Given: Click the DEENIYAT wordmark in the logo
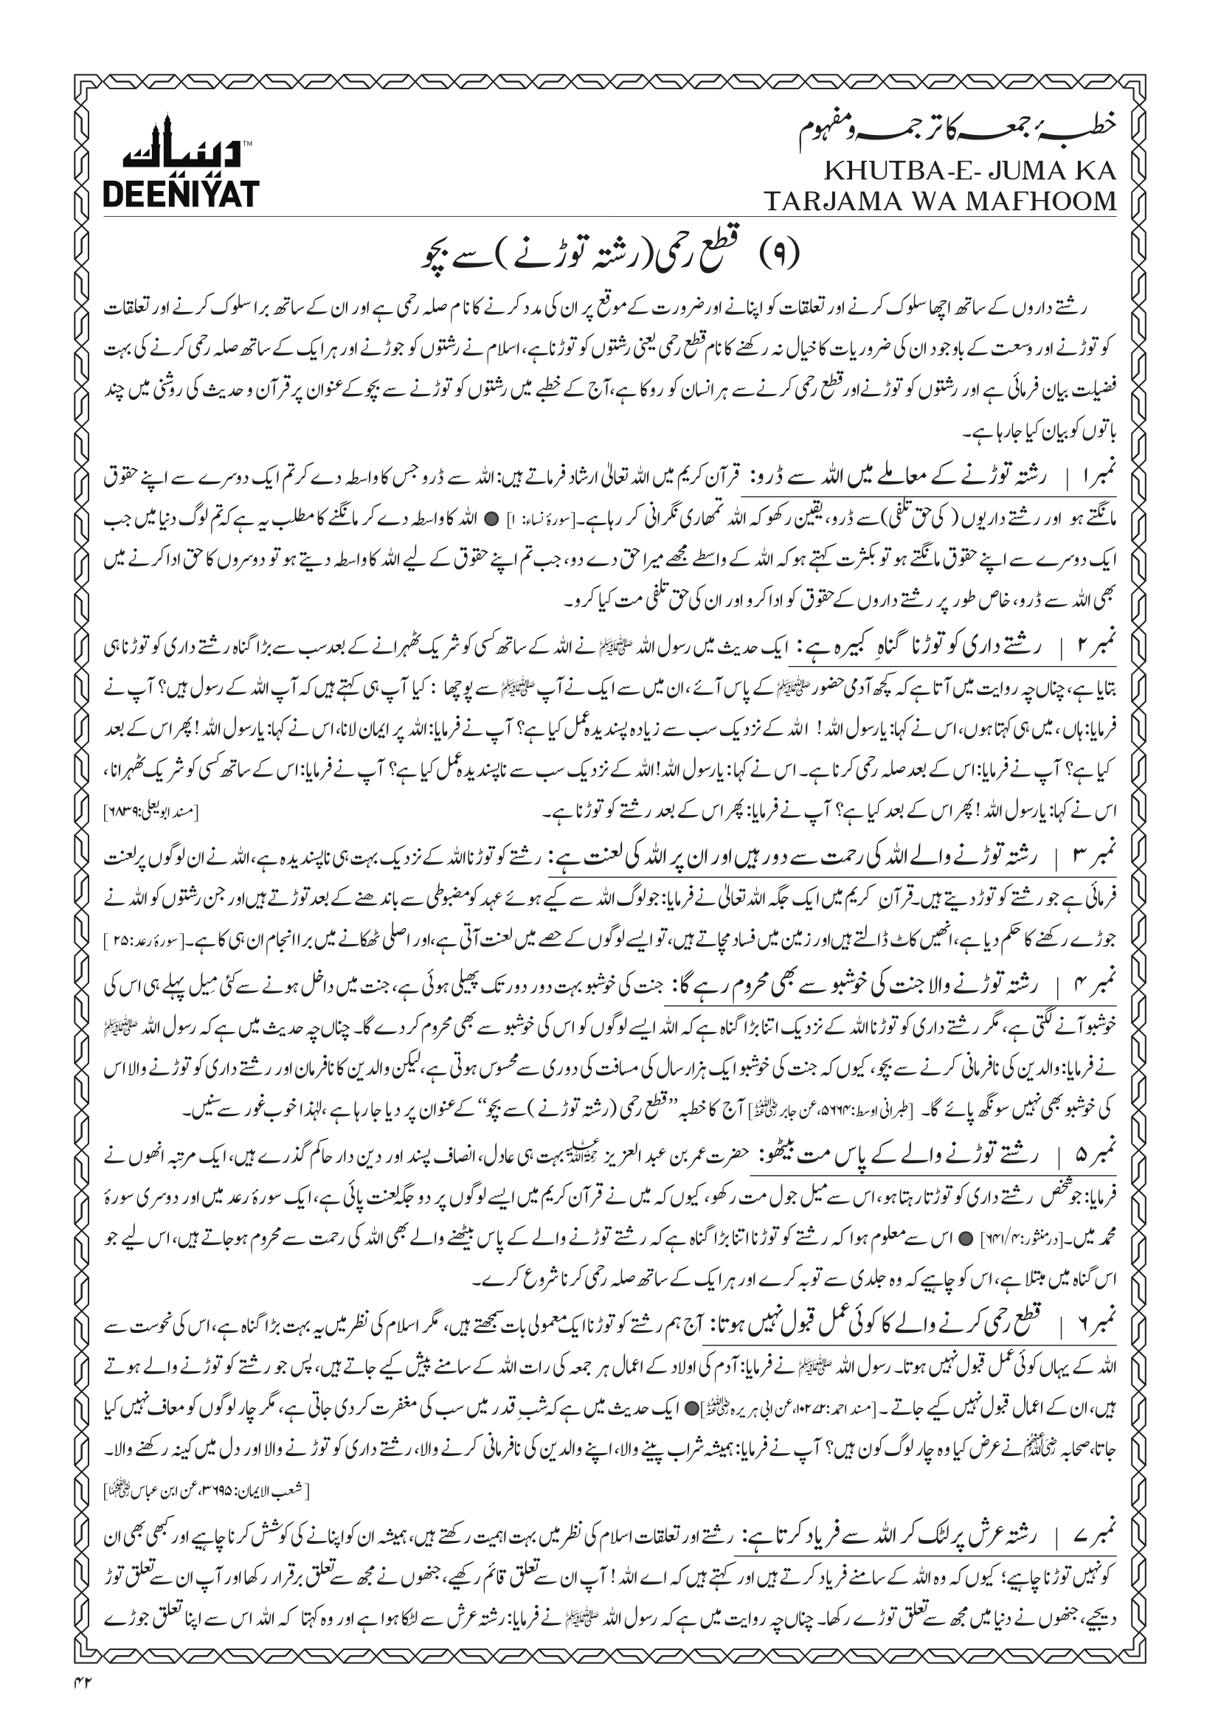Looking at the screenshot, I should click(x=180, y=193).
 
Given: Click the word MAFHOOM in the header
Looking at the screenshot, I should click(x=1043, y=201).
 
